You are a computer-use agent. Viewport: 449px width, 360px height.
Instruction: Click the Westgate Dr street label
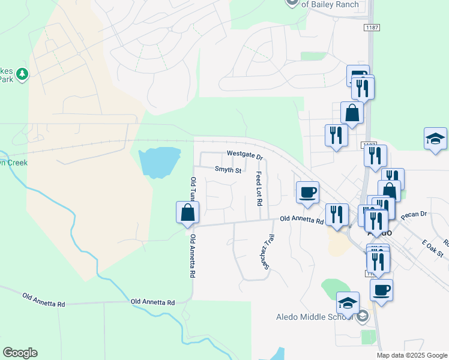point(244,155)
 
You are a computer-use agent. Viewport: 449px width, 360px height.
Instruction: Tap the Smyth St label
point(228,170)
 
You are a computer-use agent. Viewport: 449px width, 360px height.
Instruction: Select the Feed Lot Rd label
point(259,187)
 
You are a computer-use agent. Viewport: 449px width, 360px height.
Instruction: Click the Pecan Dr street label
point(414,214)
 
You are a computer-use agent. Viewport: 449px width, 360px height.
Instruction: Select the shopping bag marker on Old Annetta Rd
point(187,213)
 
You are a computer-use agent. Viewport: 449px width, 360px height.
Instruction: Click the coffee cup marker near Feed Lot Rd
point(308,193)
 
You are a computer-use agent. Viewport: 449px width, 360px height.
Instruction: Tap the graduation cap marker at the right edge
point(435,139)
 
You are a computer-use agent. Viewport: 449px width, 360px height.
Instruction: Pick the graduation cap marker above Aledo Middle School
point(348,303)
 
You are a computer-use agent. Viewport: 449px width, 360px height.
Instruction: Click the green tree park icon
point(22,74)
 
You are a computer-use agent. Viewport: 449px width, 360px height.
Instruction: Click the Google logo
point(20,353)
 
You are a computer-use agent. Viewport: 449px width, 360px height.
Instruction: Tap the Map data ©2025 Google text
point(411,355)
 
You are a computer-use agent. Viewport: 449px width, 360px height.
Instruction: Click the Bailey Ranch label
point(330,4)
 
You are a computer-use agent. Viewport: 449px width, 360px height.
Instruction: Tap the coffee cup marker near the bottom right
point(381,291)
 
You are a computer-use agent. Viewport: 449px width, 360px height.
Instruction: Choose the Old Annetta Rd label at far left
point(43,300)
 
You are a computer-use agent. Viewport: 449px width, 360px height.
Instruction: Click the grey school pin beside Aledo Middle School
point(362,317)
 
